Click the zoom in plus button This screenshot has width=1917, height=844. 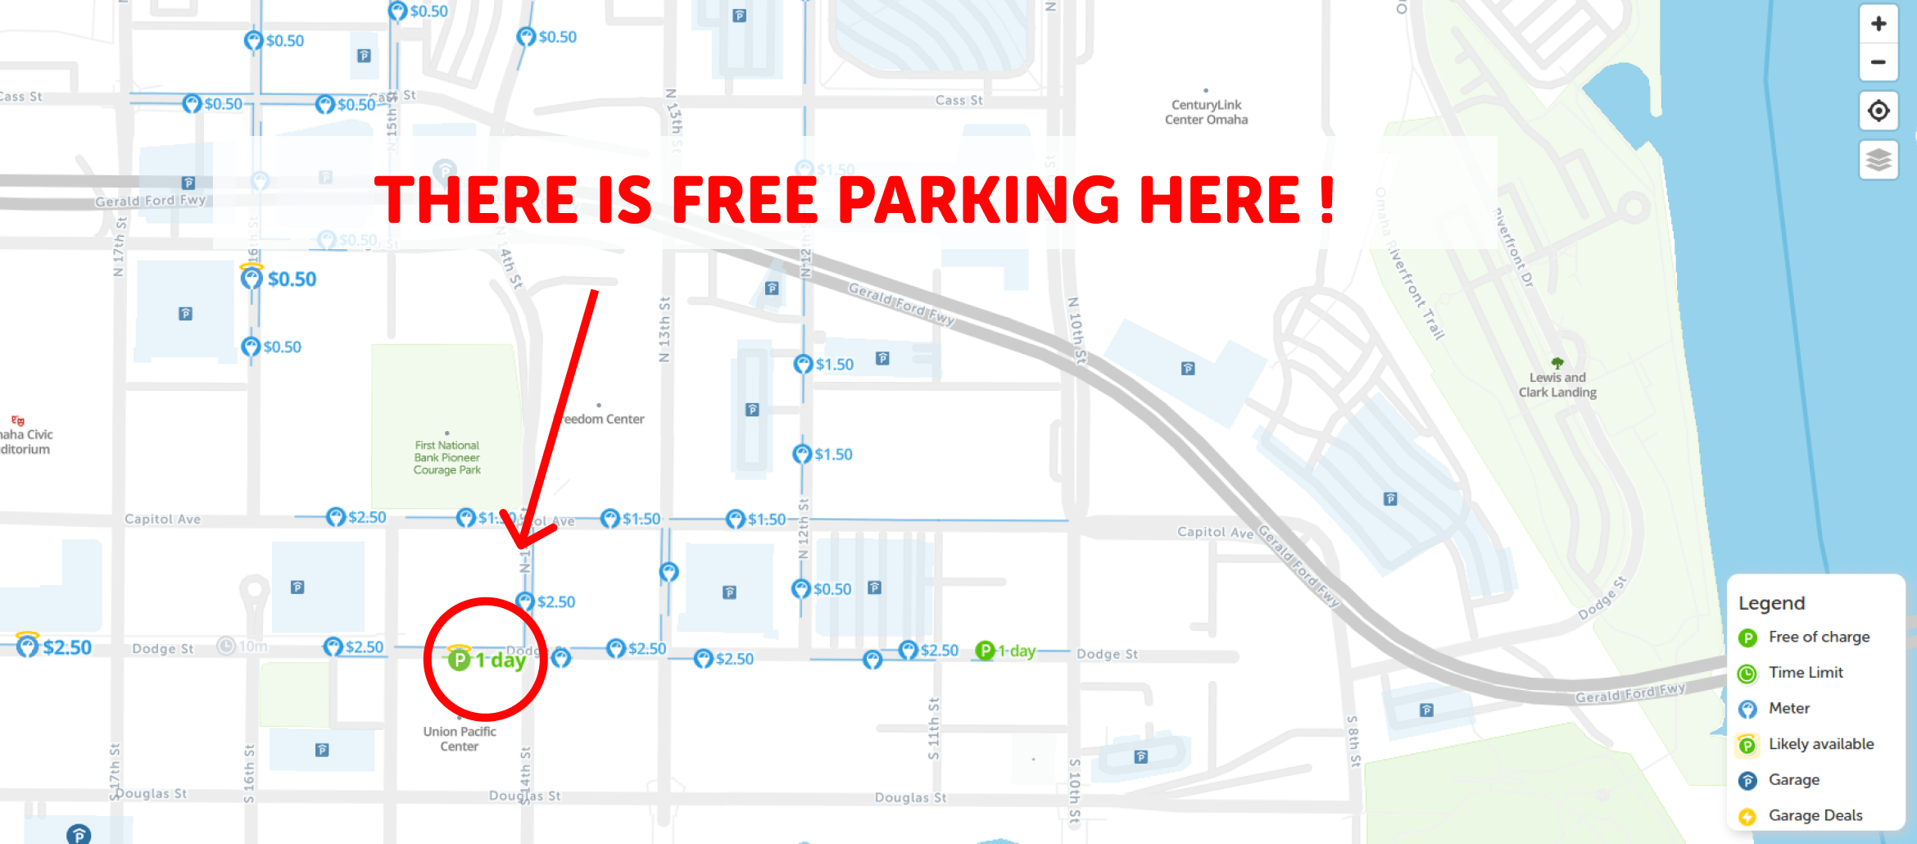[x=1878, y=24]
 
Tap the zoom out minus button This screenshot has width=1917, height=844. [x=1878, y=62]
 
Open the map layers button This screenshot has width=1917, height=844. [x=1878, y=159]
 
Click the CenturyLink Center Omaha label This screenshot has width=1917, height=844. [x=1206, y=112]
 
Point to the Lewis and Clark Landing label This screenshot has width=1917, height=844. [x=1557, y=384]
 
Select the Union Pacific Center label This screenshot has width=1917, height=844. [x=460, y=738]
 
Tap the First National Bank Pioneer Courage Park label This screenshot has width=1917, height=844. [x=446, y=457]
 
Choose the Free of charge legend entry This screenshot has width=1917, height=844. [x=1818, y=637]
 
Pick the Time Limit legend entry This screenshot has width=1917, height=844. [x=1805, y=673]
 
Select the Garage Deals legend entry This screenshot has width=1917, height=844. [x=1815, y=815]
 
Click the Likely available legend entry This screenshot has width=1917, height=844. [x=1820, y=744]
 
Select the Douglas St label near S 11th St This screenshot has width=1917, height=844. [x=910, y=797]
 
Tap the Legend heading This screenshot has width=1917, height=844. [x=1772, y=603]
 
